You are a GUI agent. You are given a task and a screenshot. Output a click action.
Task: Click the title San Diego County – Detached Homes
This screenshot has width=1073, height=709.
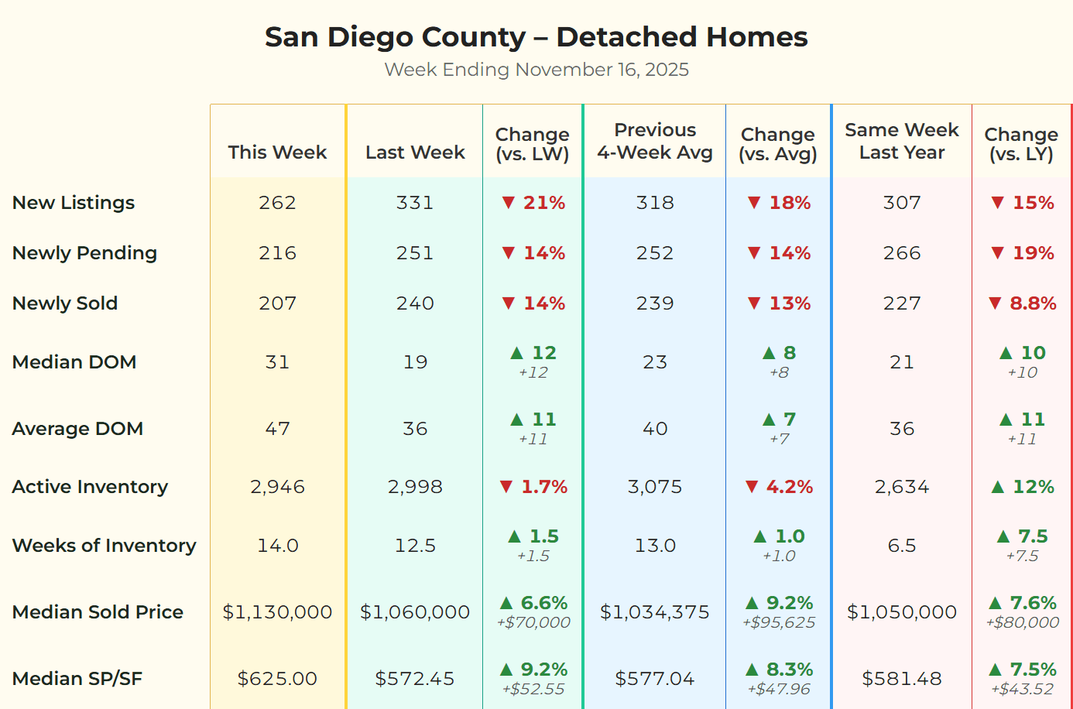tap(536, 37)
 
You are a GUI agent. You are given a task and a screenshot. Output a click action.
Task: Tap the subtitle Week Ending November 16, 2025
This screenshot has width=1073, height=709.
tap(536, 70)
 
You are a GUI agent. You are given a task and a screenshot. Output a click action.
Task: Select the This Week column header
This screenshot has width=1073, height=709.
tap(277, 152)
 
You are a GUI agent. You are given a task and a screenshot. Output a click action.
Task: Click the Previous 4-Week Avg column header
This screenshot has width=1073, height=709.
tap(655, 141)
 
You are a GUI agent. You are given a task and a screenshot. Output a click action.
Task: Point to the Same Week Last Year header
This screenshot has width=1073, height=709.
tap(901, 141)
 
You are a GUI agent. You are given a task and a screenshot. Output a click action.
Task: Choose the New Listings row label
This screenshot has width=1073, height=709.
tap(74, 203)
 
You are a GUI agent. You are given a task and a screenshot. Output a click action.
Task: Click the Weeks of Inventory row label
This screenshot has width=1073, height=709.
tap(105, 546)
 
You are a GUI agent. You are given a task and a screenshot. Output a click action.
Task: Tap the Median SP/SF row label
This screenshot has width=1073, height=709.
tap(77, 679)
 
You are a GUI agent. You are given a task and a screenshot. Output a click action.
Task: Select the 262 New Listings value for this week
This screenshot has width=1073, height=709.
tap(277, 203)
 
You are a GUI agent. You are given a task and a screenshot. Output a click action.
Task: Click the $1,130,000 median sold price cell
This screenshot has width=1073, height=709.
tap(277, 612)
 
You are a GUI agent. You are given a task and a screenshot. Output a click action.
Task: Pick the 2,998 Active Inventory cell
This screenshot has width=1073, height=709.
tap(415, 487)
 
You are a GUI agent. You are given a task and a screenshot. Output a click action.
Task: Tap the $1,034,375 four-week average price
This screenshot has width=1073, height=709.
tap(655, 612)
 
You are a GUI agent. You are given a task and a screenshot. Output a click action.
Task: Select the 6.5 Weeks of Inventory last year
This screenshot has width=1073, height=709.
tap(901, 546)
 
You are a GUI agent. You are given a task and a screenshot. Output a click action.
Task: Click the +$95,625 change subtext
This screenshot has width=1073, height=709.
tap(779, 623)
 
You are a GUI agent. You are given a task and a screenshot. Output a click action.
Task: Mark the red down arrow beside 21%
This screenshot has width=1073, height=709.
tap(508, 203)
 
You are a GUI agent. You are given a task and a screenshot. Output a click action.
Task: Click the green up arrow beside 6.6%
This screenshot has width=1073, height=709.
tap(506, 603)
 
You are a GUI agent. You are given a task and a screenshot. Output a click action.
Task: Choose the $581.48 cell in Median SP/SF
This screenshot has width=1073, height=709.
tap(901, 679)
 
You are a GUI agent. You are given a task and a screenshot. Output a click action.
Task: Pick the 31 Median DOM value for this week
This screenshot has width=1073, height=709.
tap(277, 362)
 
